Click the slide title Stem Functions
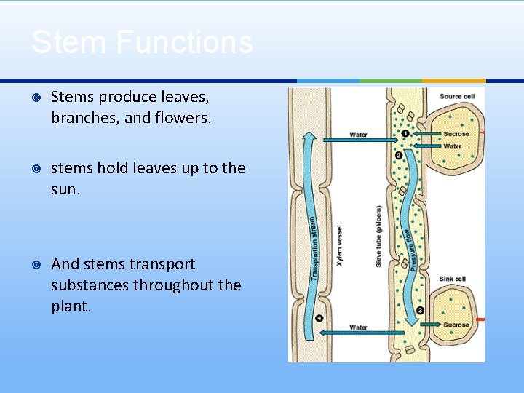[142, 42]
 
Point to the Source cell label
[457, 97]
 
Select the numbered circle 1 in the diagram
[405, 134]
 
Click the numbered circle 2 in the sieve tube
[398, 155]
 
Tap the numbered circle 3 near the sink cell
[421, 311]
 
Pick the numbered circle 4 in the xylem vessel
[319, 318]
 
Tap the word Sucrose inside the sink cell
[456, 325]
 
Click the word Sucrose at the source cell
[456, 134]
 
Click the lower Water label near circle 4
[358, 327]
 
